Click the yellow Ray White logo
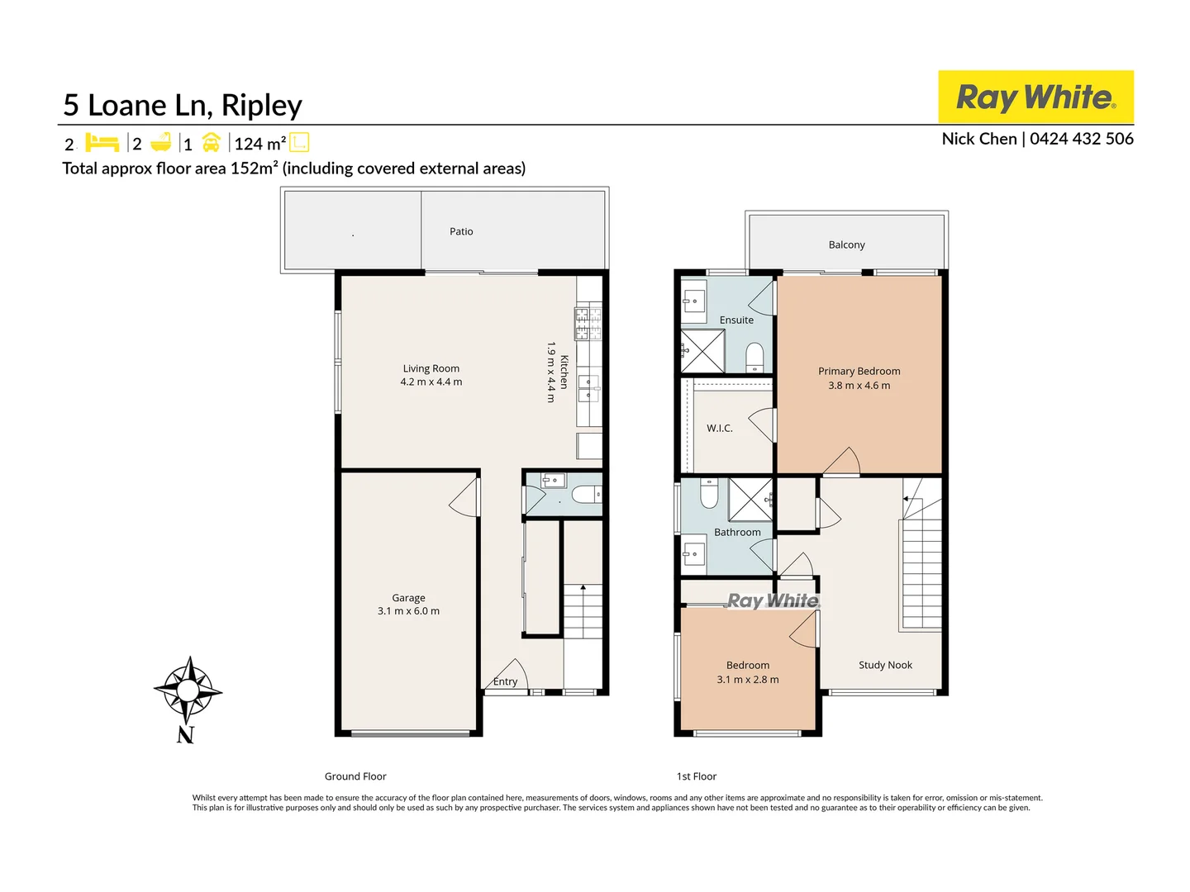point(1035,97)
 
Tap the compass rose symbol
point(188,690)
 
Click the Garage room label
point(408,597)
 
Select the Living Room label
point(431,368)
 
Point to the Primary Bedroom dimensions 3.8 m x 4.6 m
point(859,385)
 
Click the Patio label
point(461,231)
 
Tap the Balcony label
point(846,244)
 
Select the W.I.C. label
point(719,428)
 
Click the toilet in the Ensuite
point(754,358)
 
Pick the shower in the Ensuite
point(702,351)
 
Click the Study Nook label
point(885,665)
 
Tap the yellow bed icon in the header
point(102,143)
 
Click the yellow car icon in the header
point(212,143)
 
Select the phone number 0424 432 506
point(1081,139)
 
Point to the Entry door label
point(505,681)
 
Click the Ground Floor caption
point(355,776)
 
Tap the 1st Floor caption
point(697,776)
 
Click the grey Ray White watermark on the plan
point(773,600)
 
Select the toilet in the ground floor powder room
point(586,495)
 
